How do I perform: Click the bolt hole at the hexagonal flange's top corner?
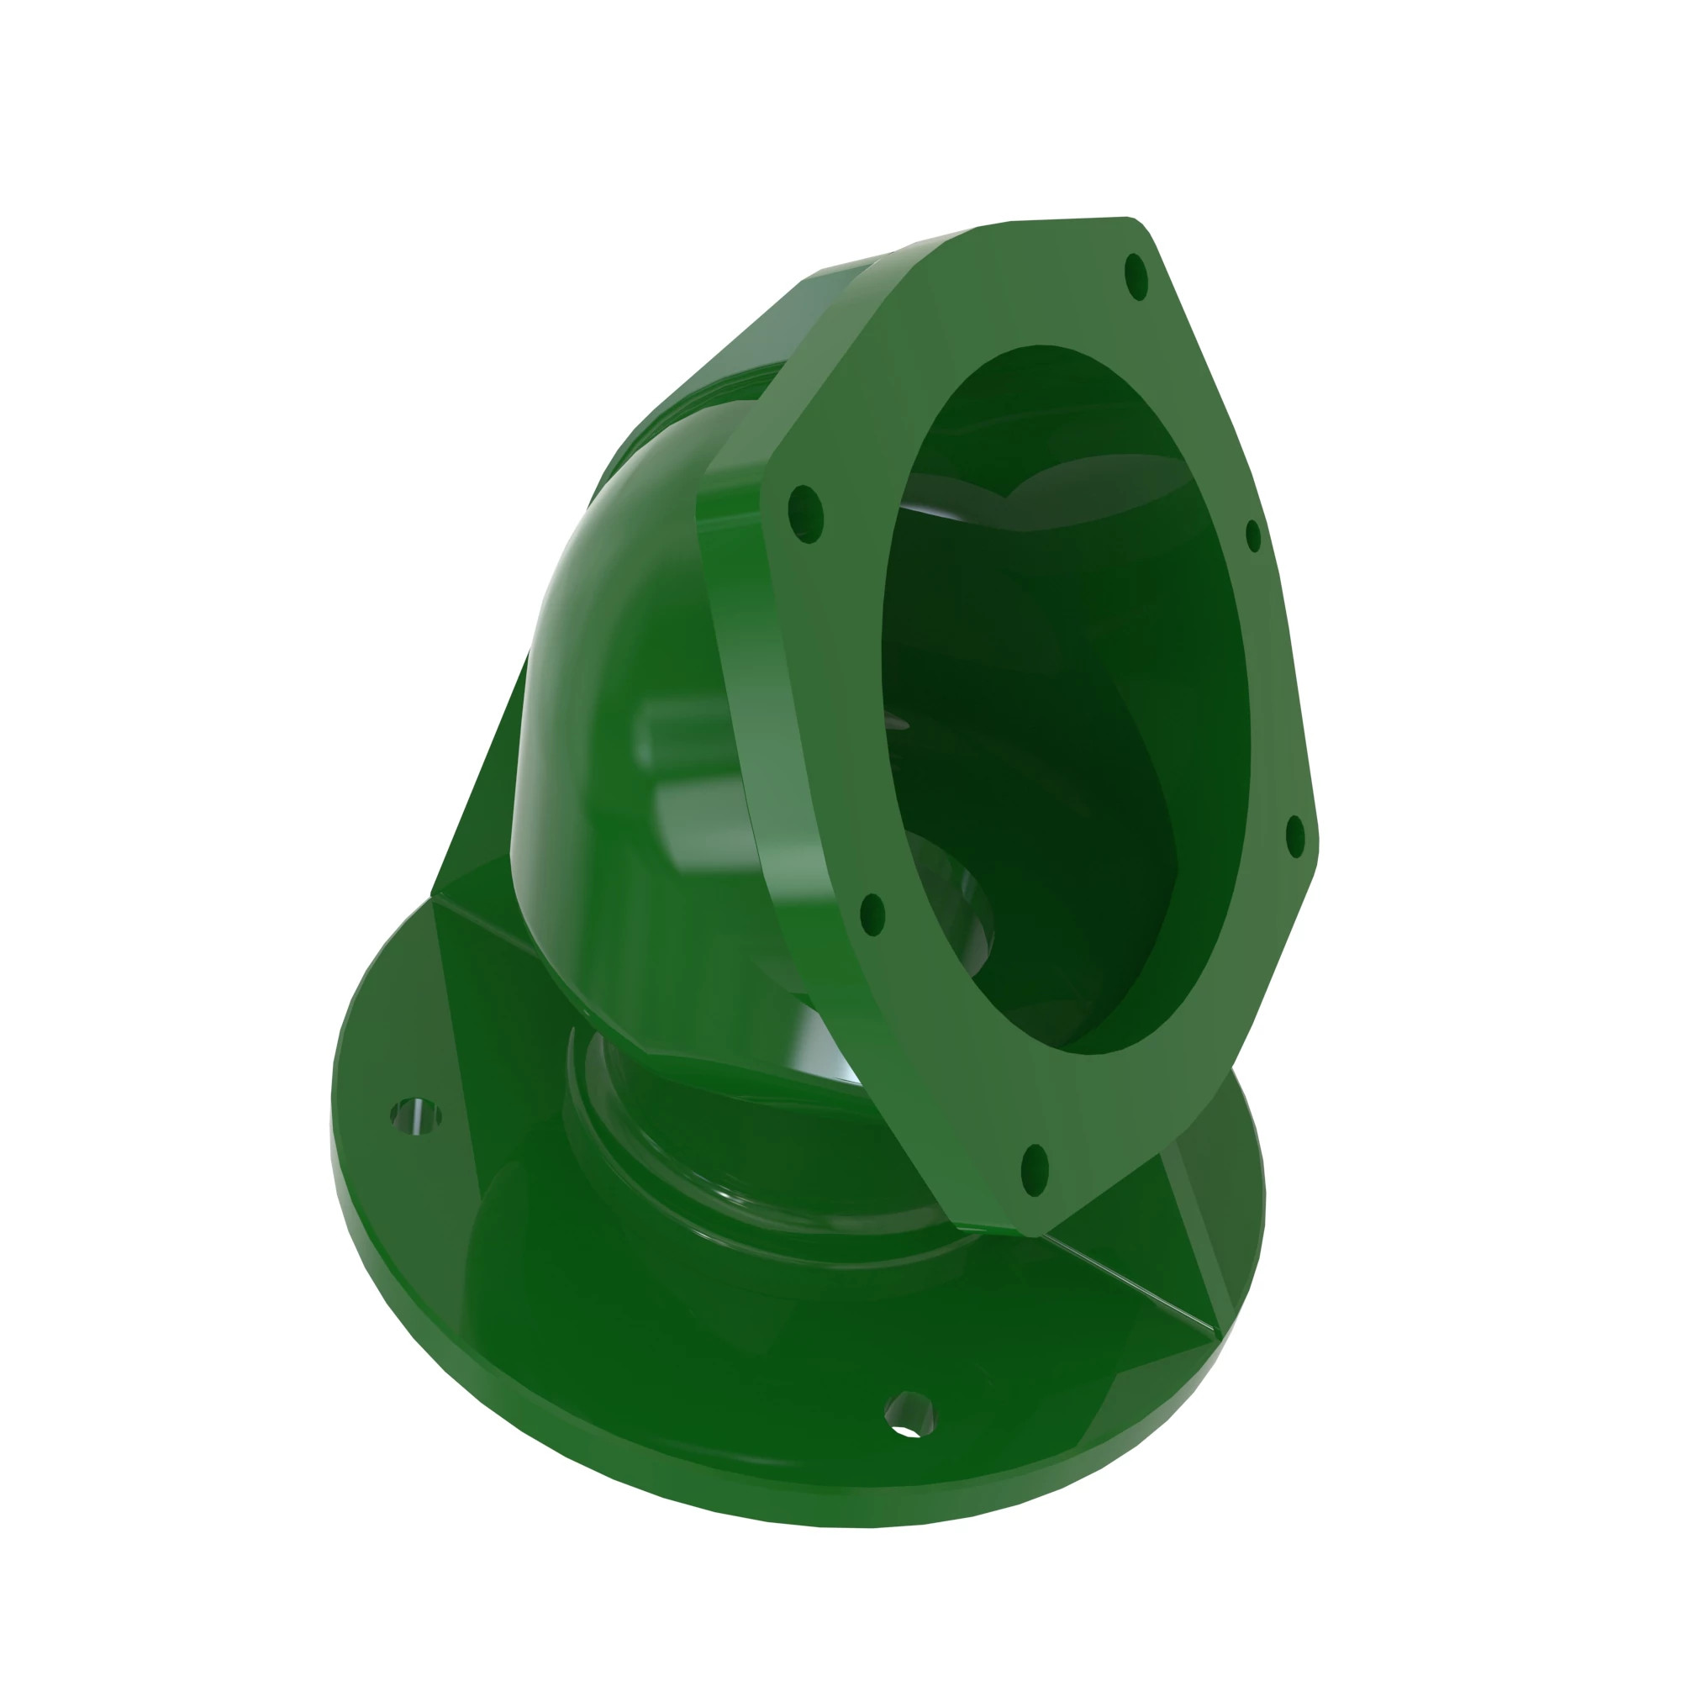1136,277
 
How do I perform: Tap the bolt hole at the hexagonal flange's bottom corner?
1034,1170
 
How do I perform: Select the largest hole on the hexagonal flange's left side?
806,514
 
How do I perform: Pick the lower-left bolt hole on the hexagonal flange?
872,914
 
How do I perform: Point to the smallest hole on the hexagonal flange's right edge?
1253,536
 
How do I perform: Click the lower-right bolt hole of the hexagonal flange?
1295,836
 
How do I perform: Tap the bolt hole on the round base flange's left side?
415,1115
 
